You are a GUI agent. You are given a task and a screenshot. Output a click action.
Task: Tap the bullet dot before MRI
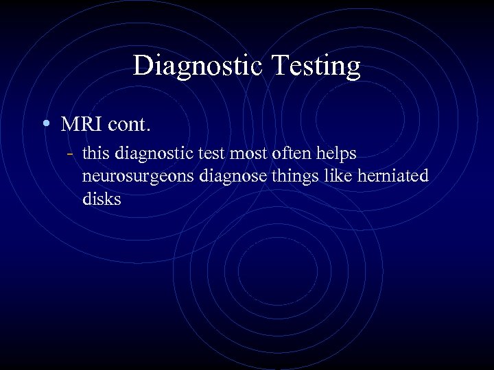pos(45,124)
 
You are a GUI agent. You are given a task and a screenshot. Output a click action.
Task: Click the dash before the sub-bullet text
pos(71,153)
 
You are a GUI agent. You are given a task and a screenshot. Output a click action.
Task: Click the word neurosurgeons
pos(138,177)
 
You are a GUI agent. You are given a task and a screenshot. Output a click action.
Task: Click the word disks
pos(102,199)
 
